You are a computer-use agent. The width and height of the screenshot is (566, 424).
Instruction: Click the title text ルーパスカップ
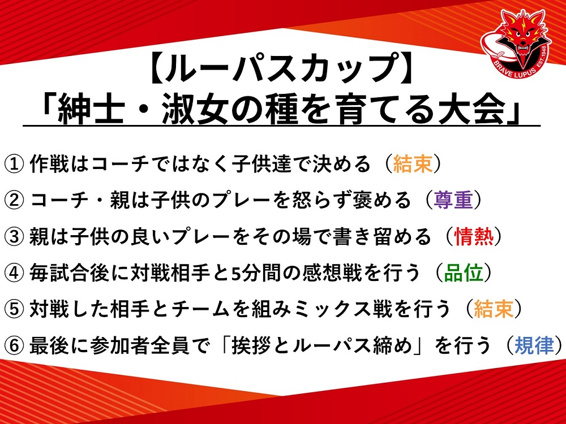coord(282,68)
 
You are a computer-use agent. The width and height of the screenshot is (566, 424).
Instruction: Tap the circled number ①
coord(14,165)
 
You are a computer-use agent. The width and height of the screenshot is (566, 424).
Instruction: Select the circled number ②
coord(14,201)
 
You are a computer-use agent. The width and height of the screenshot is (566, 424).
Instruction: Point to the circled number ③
coord(14,237)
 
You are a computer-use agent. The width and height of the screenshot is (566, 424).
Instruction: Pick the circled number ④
coord(14,273)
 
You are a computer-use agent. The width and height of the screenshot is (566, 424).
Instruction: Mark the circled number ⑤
coord(14,309)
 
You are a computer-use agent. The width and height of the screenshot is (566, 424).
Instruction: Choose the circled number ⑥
coord(14,345)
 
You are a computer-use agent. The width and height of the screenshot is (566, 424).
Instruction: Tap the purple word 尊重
coord(454,200)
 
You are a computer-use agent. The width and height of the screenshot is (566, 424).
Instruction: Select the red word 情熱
coord(474,236)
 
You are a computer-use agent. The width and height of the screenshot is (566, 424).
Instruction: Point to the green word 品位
coord(464,272)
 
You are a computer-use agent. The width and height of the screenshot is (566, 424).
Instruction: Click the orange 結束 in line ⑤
coord(494,309)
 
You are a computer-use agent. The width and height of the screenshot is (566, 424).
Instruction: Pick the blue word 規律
coord(534,345)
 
